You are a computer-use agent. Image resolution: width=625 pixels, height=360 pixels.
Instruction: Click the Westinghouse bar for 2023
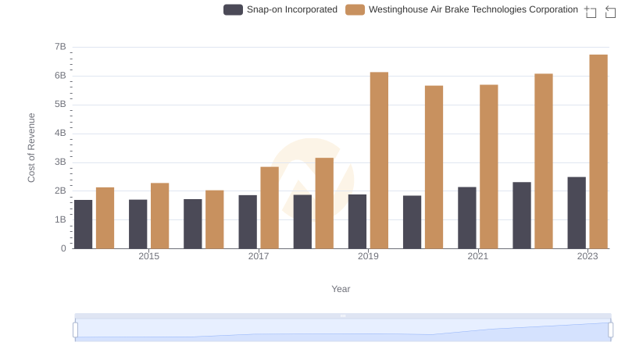click(x=598, y=151)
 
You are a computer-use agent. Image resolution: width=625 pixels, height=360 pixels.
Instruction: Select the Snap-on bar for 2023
click(x=577, y=212)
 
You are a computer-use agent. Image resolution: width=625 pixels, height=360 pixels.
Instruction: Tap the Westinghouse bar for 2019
click(x=379, y=160)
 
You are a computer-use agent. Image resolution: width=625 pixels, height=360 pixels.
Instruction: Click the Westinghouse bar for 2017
click(x=270, y=208)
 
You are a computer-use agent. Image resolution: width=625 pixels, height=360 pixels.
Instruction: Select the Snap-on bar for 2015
click(x=138, y=224)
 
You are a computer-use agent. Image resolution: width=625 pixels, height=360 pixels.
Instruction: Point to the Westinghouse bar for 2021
click(x=489, y=166)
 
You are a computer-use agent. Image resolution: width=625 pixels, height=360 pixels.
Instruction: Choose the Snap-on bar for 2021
click(x=467, y=218)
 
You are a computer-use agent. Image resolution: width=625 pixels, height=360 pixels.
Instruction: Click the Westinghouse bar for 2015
click(x=160, y=216)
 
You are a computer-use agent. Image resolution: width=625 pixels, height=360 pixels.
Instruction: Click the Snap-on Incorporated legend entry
click(x=280, y=9)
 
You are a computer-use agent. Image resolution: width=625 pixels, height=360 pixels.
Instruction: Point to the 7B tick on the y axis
click(x=60, y=47)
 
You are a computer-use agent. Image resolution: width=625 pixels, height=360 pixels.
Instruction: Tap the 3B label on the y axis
click(x=60, y=162)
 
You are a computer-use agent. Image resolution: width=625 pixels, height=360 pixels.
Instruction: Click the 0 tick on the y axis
click(x=63, y=248)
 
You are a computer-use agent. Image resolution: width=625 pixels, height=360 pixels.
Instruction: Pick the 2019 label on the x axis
click(x=368, y=256)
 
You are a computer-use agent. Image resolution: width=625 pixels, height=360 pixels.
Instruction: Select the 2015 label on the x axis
click(x=149, y=256)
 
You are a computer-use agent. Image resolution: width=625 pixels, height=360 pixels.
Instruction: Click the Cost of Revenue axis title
click(x=32, y=148)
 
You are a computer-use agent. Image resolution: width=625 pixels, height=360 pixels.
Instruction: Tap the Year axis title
click(x=341, y=289)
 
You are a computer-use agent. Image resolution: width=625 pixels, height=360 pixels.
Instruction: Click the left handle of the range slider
click(x=76, y=330)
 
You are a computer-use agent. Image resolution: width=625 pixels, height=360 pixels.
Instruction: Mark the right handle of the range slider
click(x=611, y=330)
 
